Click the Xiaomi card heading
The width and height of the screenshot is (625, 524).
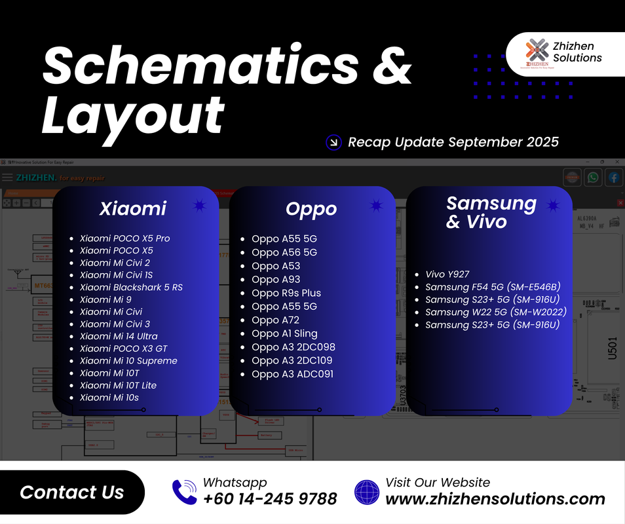tap(133, 208)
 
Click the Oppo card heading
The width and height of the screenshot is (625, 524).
tap(311, 208)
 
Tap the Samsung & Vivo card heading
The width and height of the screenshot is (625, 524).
tap(491, 212)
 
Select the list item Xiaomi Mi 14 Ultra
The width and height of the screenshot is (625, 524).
tap(119, 336)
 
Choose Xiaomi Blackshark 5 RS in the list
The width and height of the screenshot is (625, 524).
tap(131, 287)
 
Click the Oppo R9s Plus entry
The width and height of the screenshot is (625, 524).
tap(286, 293)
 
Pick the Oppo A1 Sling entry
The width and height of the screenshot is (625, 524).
tap(284, 333)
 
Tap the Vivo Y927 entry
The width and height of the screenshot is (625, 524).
tap(447, 274)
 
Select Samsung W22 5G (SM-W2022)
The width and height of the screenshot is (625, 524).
tap(495, 312)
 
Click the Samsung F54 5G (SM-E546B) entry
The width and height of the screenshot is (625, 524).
tap(493, 287)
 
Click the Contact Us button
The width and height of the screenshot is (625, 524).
tap(71, 493)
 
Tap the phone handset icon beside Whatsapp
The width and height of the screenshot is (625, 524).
tap(184, 491)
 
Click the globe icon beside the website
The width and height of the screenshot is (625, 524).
tap(367, 491)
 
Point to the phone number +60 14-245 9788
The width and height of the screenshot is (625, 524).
tap(270, 499)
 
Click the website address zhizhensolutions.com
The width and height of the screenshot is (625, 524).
tap(495, 499)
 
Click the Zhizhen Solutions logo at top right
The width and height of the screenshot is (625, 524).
tap(537, 53)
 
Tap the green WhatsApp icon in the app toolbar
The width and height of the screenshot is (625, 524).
tap(593, 178)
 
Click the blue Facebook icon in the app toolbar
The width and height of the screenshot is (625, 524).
tap(614, 178)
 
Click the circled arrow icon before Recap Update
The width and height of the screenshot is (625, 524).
tap(334, 142)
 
